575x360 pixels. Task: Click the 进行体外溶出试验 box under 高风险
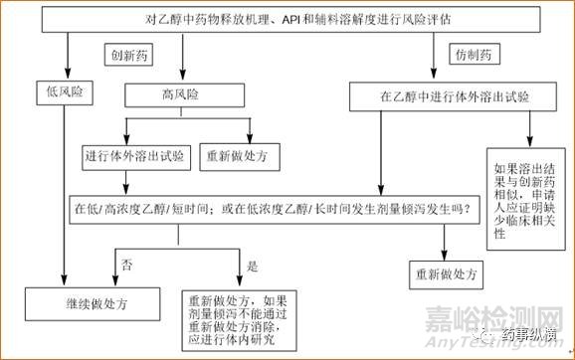pyautogui.click(x=135, y=157)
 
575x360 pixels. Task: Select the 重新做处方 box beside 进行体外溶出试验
pyautogui.click(x=244, y=157)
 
